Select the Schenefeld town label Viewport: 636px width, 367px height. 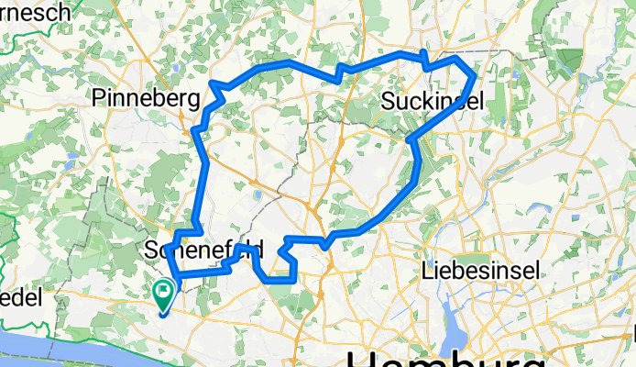204,250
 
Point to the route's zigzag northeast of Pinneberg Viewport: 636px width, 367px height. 218,88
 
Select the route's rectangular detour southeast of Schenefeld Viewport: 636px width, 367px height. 280,272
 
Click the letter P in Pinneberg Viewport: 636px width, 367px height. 101,98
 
